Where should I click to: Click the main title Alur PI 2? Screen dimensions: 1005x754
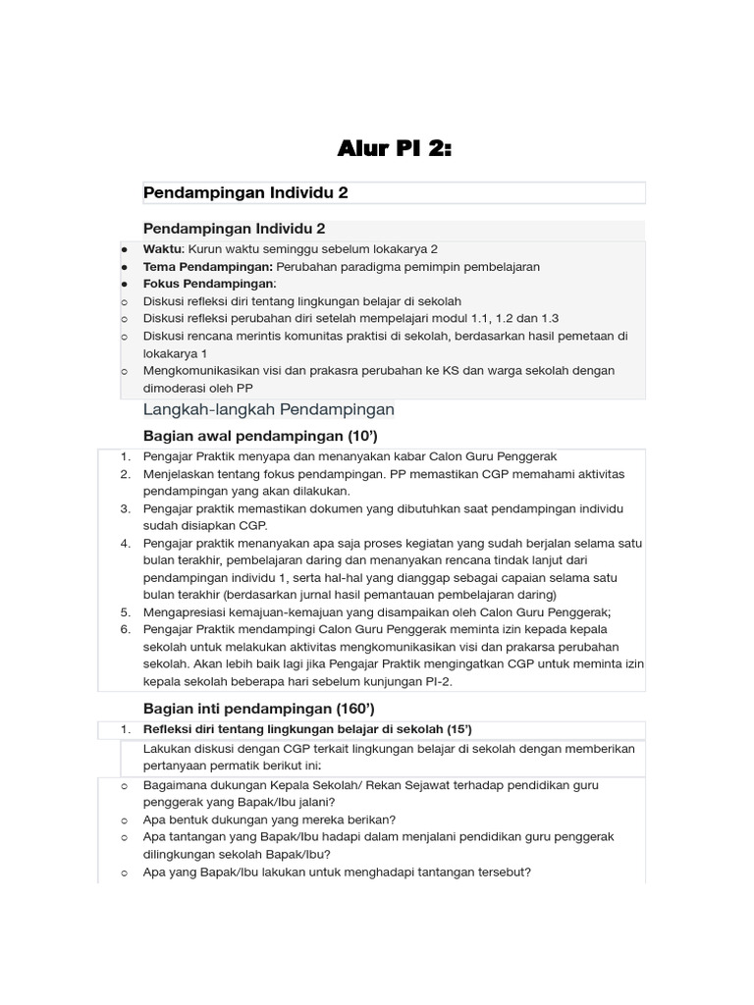(x=395, y=149)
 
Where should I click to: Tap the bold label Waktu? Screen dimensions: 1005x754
(x=163, y=249)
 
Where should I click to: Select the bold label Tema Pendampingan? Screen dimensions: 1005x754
(x=208, y=267)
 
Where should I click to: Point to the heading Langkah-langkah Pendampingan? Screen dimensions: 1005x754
(x=269, y=409)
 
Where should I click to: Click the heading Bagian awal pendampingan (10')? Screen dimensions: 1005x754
(x=260, y=435)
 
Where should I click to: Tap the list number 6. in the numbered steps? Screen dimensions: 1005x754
(x=126, y=629)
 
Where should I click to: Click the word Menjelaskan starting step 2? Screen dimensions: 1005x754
(x=178, y=474)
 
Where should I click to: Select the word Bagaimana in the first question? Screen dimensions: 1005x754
(x=176, y=785)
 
